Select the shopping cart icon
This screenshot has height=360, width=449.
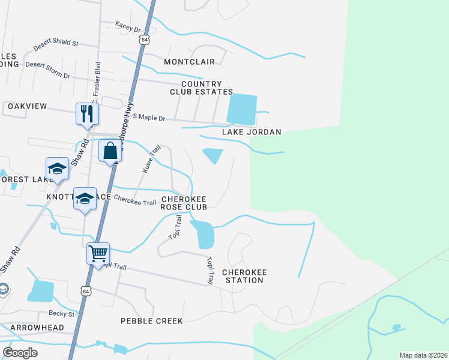(98, 253)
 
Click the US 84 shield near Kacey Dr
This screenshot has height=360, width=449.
(143, 39)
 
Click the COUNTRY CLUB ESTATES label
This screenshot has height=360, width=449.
(201, 88)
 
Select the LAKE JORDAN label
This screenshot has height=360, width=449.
(252, 132)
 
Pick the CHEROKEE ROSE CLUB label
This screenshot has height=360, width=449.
(184, 203)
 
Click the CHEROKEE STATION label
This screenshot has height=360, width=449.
(244, 276)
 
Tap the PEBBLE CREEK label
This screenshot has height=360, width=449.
(152, 321)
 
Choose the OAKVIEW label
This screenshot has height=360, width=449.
(27, 106)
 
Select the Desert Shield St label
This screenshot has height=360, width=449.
(56, 43)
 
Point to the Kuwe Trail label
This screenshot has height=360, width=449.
(151, 159)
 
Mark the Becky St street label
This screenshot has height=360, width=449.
(62, 314)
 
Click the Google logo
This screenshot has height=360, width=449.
(20, 352)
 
